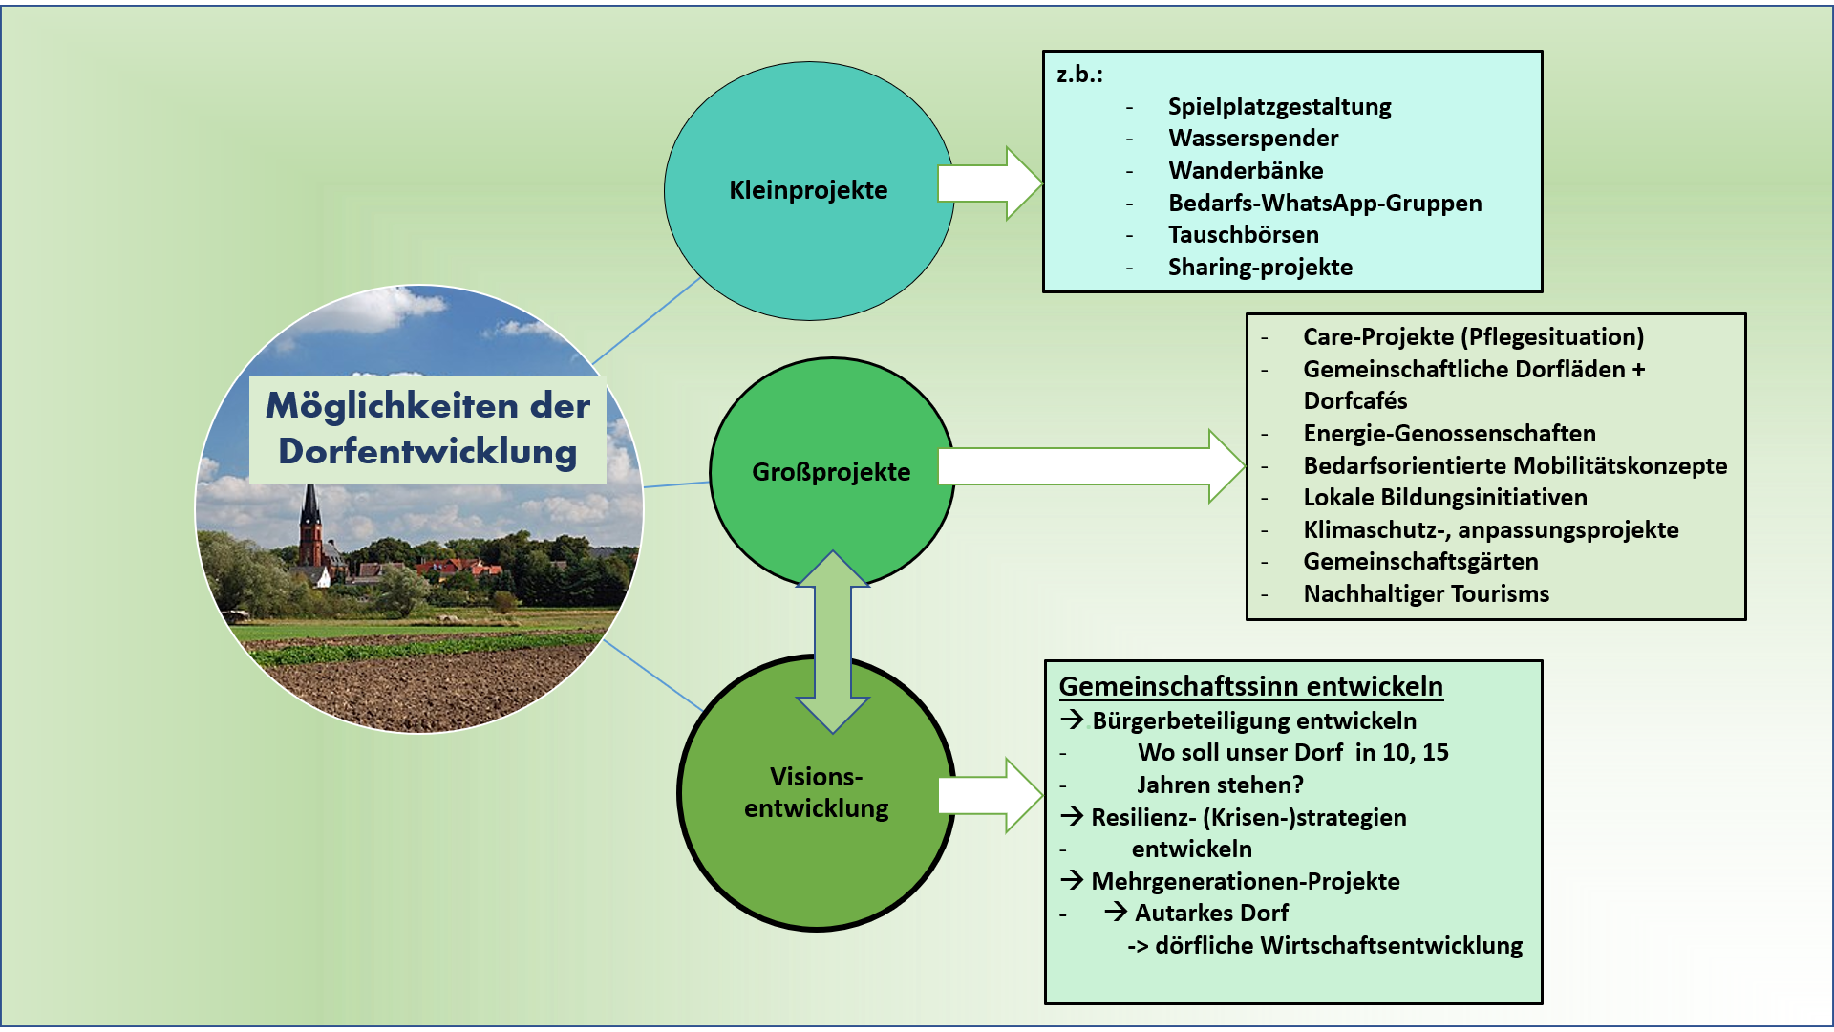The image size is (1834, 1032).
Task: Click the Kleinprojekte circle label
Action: point(808,190)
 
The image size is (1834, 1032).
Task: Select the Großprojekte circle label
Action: point(831,472)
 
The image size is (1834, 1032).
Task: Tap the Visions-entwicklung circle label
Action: point(817,792)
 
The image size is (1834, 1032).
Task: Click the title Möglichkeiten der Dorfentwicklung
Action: point(428,429)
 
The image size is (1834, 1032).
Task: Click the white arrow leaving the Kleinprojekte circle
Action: point(988,183)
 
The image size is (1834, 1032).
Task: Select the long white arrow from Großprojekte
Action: point(1089,466)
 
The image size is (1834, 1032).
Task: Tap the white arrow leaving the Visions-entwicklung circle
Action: point(988,795)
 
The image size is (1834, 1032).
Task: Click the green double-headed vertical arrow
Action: point(833,642)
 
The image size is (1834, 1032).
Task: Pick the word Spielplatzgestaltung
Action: point(1279,107)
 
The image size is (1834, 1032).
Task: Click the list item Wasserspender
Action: point(1253,139)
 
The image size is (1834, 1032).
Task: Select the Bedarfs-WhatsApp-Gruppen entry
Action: point(1325,204)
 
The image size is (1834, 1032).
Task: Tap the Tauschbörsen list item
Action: point(1243,235)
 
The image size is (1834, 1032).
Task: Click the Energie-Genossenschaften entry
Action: point(1449,434)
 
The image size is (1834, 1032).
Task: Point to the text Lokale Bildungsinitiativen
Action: point(1445,498)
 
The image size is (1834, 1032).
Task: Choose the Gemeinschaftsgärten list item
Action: point(1420,562)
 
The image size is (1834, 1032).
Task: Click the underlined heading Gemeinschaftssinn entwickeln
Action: point(1250,687)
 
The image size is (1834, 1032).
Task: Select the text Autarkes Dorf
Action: point(1211,914)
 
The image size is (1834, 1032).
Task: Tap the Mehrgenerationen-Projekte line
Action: point(1245,882)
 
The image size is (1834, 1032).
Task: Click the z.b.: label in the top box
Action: point(1079,75)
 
